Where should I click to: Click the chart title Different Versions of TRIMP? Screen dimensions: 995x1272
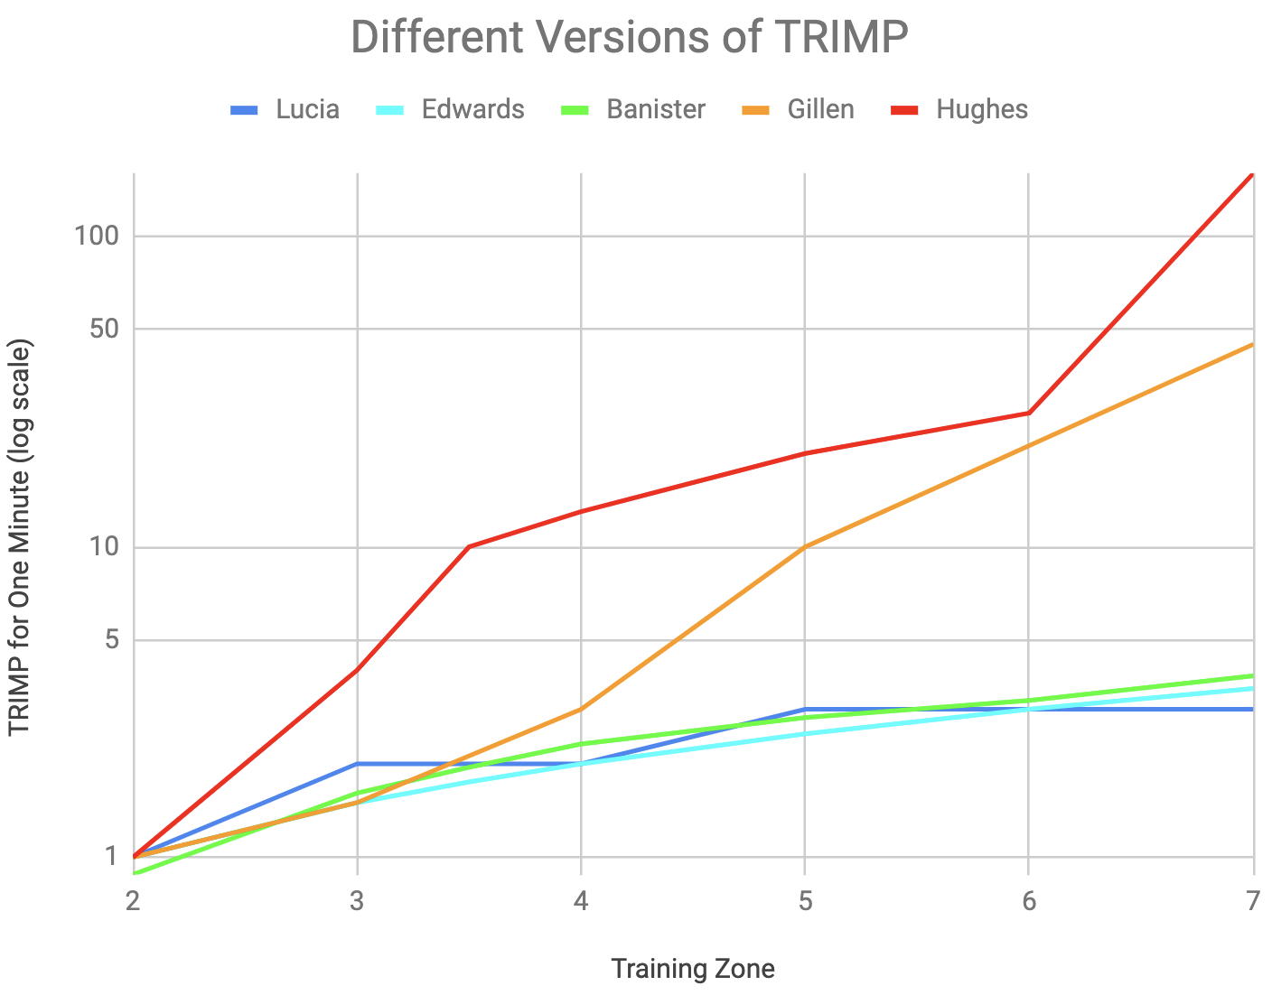tap(629, 38)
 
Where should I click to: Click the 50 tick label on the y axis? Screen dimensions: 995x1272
tap(104, 329)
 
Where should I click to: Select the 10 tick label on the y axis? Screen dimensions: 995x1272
tap(104, 547)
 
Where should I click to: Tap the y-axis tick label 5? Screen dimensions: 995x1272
tap(111, 640)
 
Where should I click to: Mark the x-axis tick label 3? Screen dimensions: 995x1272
tap(357, 901)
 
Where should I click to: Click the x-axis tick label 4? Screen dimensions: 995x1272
tap(581, 901)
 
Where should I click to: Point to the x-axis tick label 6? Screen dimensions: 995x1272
tap(1028, 901)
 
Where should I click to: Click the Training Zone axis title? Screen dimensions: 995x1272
tap(693, 969)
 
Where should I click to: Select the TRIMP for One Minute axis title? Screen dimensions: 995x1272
tap(22, 538)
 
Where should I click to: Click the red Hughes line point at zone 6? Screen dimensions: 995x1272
tap(1028, 413)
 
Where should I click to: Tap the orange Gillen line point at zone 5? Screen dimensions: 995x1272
tap(804, 547)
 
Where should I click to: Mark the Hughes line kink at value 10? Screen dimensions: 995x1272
tap(469, 547)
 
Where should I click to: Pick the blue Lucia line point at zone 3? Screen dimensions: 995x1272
tap(357, 764)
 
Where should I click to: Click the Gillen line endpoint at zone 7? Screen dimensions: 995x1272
tap(1252, 344)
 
